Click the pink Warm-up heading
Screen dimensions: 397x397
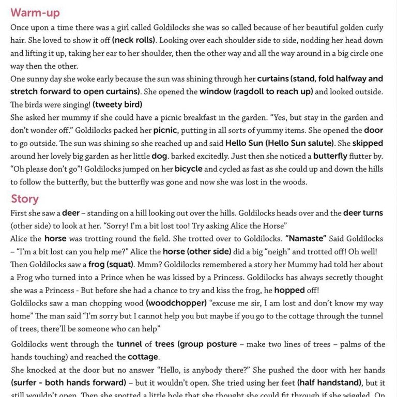[35, 12]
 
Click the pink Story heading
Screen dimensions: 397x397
[25, 199]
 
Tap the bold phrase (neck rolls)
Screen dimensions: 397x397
[134, 40]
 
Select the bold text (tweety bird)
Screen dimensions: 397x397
[117, 104]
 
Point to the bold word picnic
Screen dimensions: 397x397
[165, 130]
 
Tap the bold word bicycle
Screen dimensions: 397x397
[188, 169]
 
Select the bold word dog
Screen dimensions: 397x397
[159, 156]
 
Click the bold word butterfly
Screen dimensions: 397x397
[333, 156]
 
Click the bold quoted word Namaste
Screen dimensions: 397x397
[306, 239]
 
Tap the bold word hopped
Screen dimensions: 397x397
[289, 291]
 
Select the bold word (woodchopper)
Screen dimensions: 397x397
[176, 303]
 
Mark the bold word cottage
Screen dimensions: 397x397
[143, 357]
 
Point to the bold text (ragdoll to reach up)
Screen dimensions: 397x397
[256, 91]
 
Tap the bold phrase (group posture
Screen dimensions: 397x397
[207, 344]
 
